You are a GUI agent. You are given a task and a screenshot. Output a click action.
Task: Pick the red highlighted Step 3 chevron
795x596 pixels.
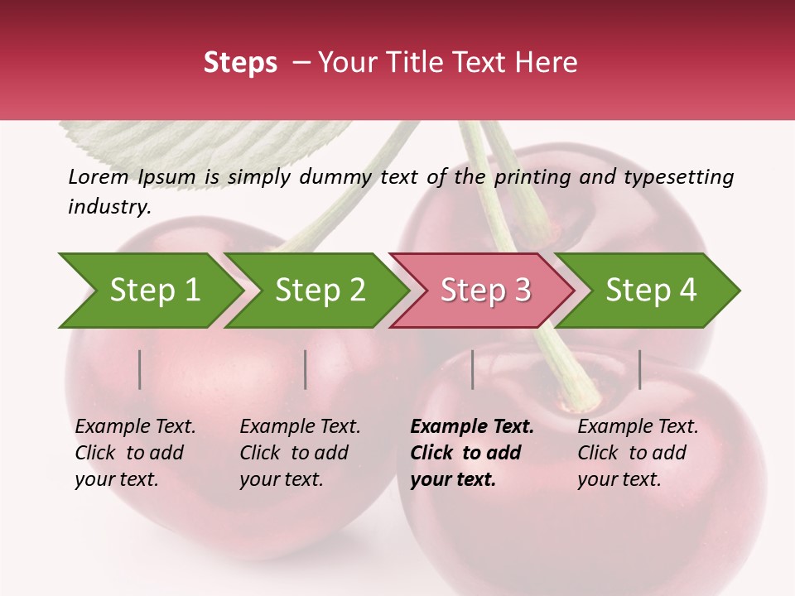(x=485, y=291)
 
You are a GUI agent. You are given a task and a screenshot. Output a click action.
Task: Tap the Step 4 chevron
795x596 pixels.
(x=651, y=291)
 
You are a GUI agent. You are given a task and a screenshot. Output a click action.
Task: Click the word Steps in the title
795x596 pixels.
(x=240, y=63)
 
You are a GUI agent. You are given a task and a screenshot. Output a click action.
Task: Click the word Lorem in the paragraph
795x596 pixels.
(x=99, y=176)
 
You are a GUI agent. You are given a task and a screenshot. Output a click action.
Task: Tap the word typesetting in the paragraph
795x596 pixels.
(x=678, y=176)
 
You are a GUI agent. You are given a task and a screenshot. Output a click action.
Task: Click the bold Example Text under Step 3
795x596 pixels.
(x=472, y=427)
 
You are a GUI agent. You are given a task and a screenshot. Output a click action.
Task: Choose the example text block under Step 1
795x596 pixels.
(x=135, y=453)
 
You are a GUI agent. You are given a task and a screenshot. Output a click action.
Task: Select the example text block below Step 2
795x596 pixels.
(x=300, y=453)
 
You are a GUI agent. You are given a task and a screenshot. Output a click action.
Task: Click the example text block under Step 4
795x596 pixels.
(x=638, y=453)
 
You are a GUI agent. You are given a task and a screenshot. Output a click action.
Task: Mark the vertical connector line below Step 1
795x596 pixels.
(x=140, y=369)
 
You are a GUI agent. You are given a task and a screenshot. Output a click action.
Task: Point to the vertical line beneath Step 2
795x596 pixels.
(x=306, y=369)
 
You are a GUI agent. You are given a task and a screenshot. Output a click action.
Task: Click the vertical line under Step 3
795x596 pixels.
(x=472, y=369)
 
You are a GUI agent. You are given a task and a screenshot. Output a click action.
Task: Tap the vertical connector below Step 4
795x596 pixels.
(x=639, y=369)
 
